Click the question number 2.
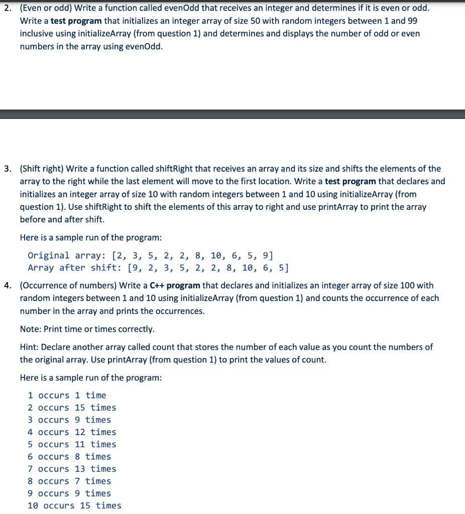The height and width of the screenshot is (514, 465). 8,9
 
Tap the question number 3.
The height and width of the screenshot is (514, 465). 8,169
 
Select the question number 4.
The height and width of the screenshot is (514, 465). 8,286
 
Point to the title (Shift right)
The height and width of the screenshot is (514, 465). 42,169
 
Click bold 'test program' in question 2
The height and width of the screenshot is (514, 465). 76,21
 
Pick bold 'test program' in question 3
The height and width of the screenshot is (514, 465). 350,181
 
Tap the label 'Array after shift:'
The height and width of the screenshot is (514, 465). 75,268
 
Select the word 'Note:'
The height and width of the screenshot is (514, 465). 31,329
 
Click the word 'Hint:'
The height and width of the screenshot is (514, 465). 30,347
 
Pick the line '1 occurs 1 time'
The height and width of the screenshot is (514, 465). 67,396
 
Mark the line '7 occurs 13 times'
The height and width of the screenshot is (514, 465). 72,469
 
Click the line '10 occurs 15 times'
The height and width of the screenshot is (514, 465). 74,505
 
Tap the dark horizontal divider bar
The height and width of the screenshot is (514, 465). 232,114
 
